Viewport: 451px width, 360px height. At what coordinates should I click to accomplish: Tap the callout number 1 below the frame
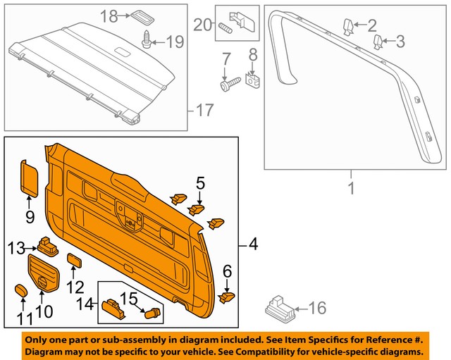350,188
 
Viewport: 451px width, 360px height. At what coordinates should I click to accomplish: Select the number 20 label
203,25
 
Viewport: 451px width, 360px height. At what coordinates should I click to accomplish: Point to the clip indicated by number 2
348,27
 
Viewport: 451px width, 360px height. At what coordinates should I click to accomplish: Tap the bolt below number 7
228,85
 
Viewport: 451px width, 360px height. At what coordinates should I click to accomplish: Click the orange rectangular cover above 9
30,176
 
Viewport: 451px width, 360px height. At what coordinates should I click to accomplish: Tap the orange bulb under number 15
151,313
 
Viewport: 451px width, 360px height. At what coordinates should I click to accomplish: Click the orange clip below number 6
226,298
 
